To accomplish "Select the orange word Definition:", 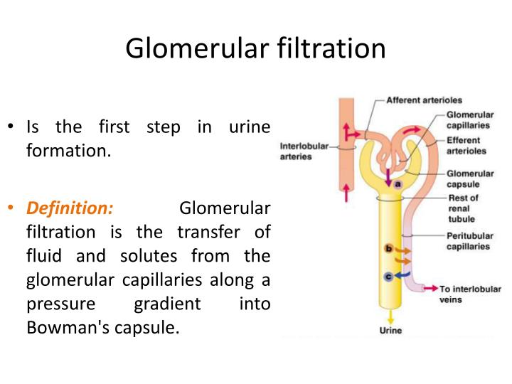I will pyautogui.click(x=70, y=208).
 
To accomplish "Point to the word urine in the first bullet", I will pyautogui.click(x=249, y=127).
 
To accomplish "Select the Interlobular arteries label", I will pyautogui.click(x=304, y=151).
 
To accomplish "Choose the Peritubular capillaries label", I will pyautogui.click(x=468, y=241).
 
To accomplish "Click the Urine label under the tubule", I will pyautogui.click(x=390, y=331).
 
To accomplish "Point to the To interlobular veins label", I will pyautogui.click(x=469, y=294).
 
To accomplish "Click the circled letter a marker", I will pyautogui.click(x=398, y=183).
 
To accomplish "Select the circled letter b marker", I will pyautogui.click(x=388, y=248).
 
